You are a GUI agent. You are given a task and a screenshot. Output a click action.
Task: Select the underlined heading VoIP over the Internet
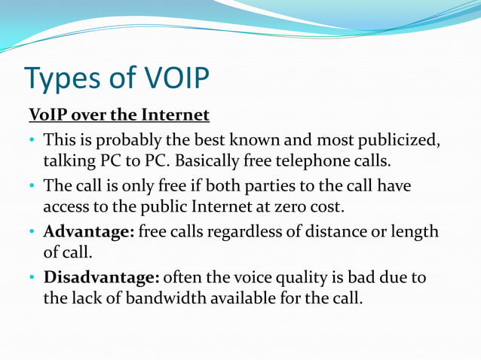click(x=118, y=116)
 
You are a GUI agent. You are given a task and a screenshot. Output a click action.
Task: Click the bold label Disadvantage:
click(x=102, y=277)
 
